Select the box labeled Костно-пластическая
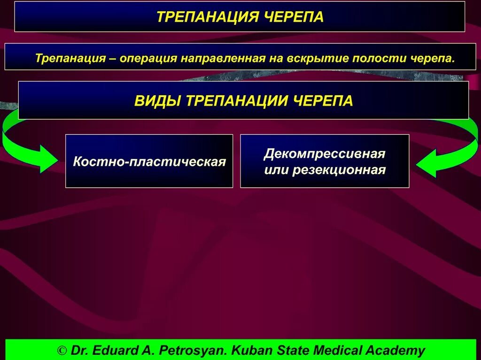[149, 161]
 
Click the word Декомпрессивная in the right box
[325, 154]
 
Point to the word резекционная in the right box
[339, 170]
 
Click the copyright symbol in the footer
[62, 350]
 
